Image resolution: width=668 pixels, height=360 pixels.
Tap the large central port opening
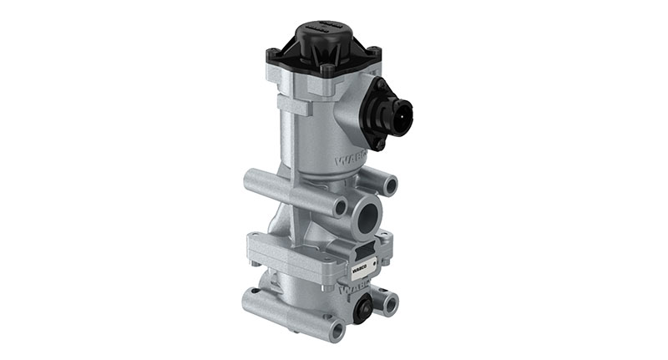coord(367,216)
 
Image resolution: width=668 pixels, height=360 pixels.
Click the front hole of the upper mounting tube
coord(339,205)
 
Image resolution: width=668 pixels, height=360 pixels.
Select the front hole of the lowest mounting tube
coord(335,332)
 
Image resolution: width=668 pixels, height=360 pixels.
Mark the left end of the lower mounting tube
coord(248,297)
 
